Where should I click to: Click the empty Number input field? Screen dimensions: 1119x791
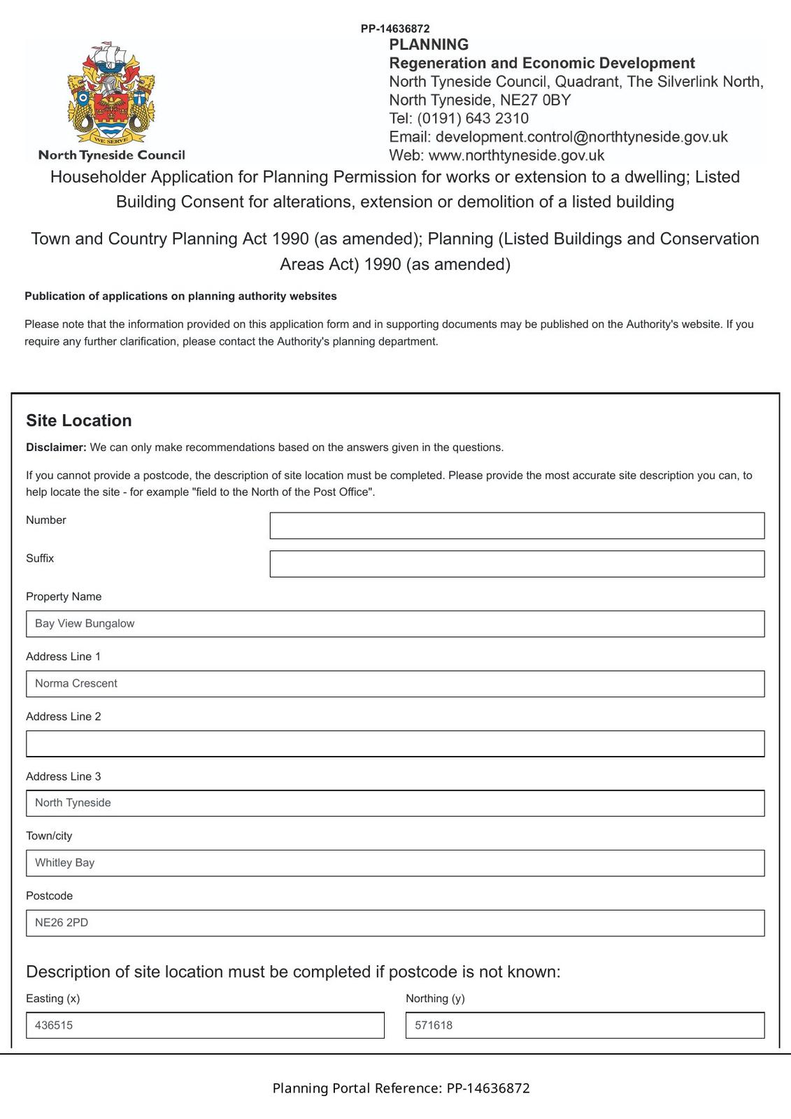[x=517, y=526]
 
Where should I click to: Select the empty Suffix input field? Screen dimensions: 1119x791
[x=517, y=564]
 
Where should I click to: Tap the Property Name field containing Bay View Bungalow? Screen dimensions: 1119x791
[x=395, y=624]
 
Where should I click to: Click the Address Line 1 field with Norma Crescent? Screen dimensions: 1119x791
[x=395, y=684]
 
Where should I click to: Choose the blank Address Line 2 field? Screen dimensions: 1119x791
[x=395, y=743]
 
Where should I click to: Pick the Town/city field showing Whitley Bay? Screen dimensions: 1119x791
[x=395, y=863]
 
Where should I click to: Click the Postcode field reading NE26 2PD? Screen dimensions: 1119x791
[x=395, y=923]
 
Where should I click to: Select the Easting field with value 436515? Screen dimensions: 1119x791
[x=205, y=1025]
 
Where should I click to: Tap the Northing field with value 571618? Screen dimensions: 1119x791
[x=585, y=1025]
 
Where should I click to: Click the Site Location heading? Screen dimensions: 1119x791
[x=79, y=420]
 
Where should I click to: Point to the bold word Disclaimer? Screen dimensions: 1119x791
[x=56, y=448]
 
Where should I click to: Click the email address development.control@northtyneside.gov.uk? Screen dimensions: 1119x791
[x=581, y=137]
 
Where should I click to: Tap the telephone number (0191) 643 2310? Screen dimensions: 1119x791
[x=473, y=118]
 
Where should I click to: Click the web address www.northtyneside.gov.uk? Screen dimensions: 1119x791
[x=516, y=155]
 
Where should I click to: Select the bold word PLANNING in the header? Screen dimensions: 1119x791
[x=429, y=45]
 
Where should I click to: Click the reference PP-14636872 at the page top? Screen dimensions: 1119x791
[x=395, y=29]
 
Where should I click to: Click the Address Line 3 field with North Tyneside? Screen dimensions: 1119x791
[x=395, y=803]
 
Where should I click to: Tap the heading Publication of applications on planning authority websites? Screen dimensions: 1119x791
[x=180, y=297]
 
